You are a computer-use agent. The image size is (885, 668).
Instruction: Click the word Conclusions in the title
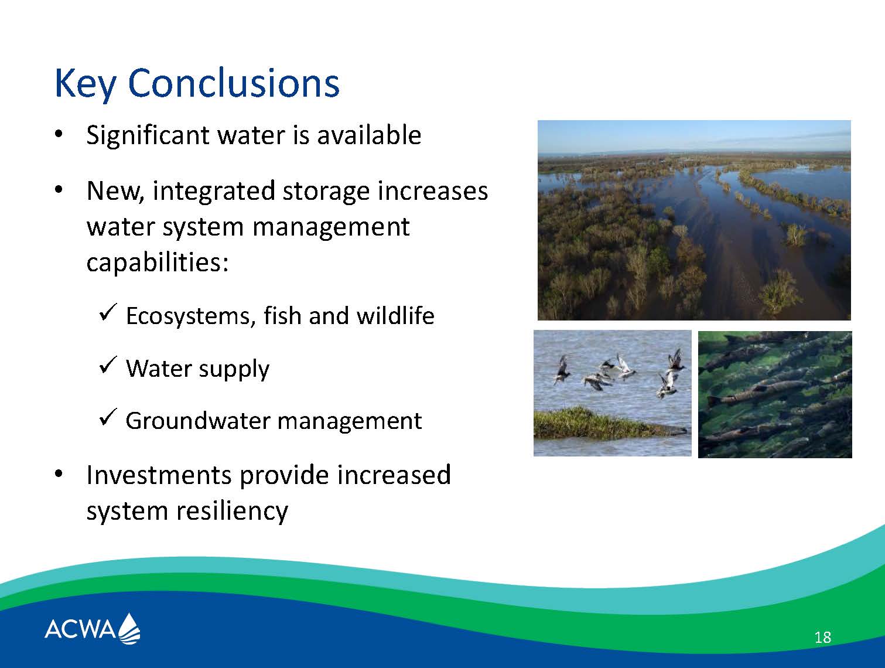(234, 83)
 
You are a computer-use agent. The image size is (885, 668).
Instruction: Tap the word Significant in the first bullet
(148, 135)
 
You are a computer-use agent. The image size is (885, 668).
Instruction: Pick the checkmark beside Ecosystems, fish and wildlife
(108, 312)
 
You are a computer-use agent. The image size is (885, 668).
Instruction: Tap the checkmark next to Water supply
(108, 364)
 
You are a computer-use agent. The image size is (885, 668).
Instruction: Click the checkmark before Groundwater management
(108, 417)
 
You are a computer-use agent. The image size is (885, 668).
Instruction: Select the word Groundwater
(197, 421)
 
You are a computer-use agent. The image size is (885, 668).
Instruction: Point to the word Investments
(159, 475)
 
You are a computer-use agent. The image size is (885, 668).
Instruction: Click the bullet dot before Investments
(59, 474)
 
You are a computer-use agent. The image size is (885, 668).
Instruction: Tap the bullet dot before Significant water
(59, 134)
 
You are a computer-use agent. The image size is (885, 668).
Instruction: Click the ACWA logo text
(80, 629)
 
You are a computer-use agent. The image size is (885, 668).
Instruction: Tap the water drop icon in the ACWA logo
(129, 628)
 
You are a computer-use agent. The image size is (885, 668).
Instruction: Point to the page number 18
(822, 638)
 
